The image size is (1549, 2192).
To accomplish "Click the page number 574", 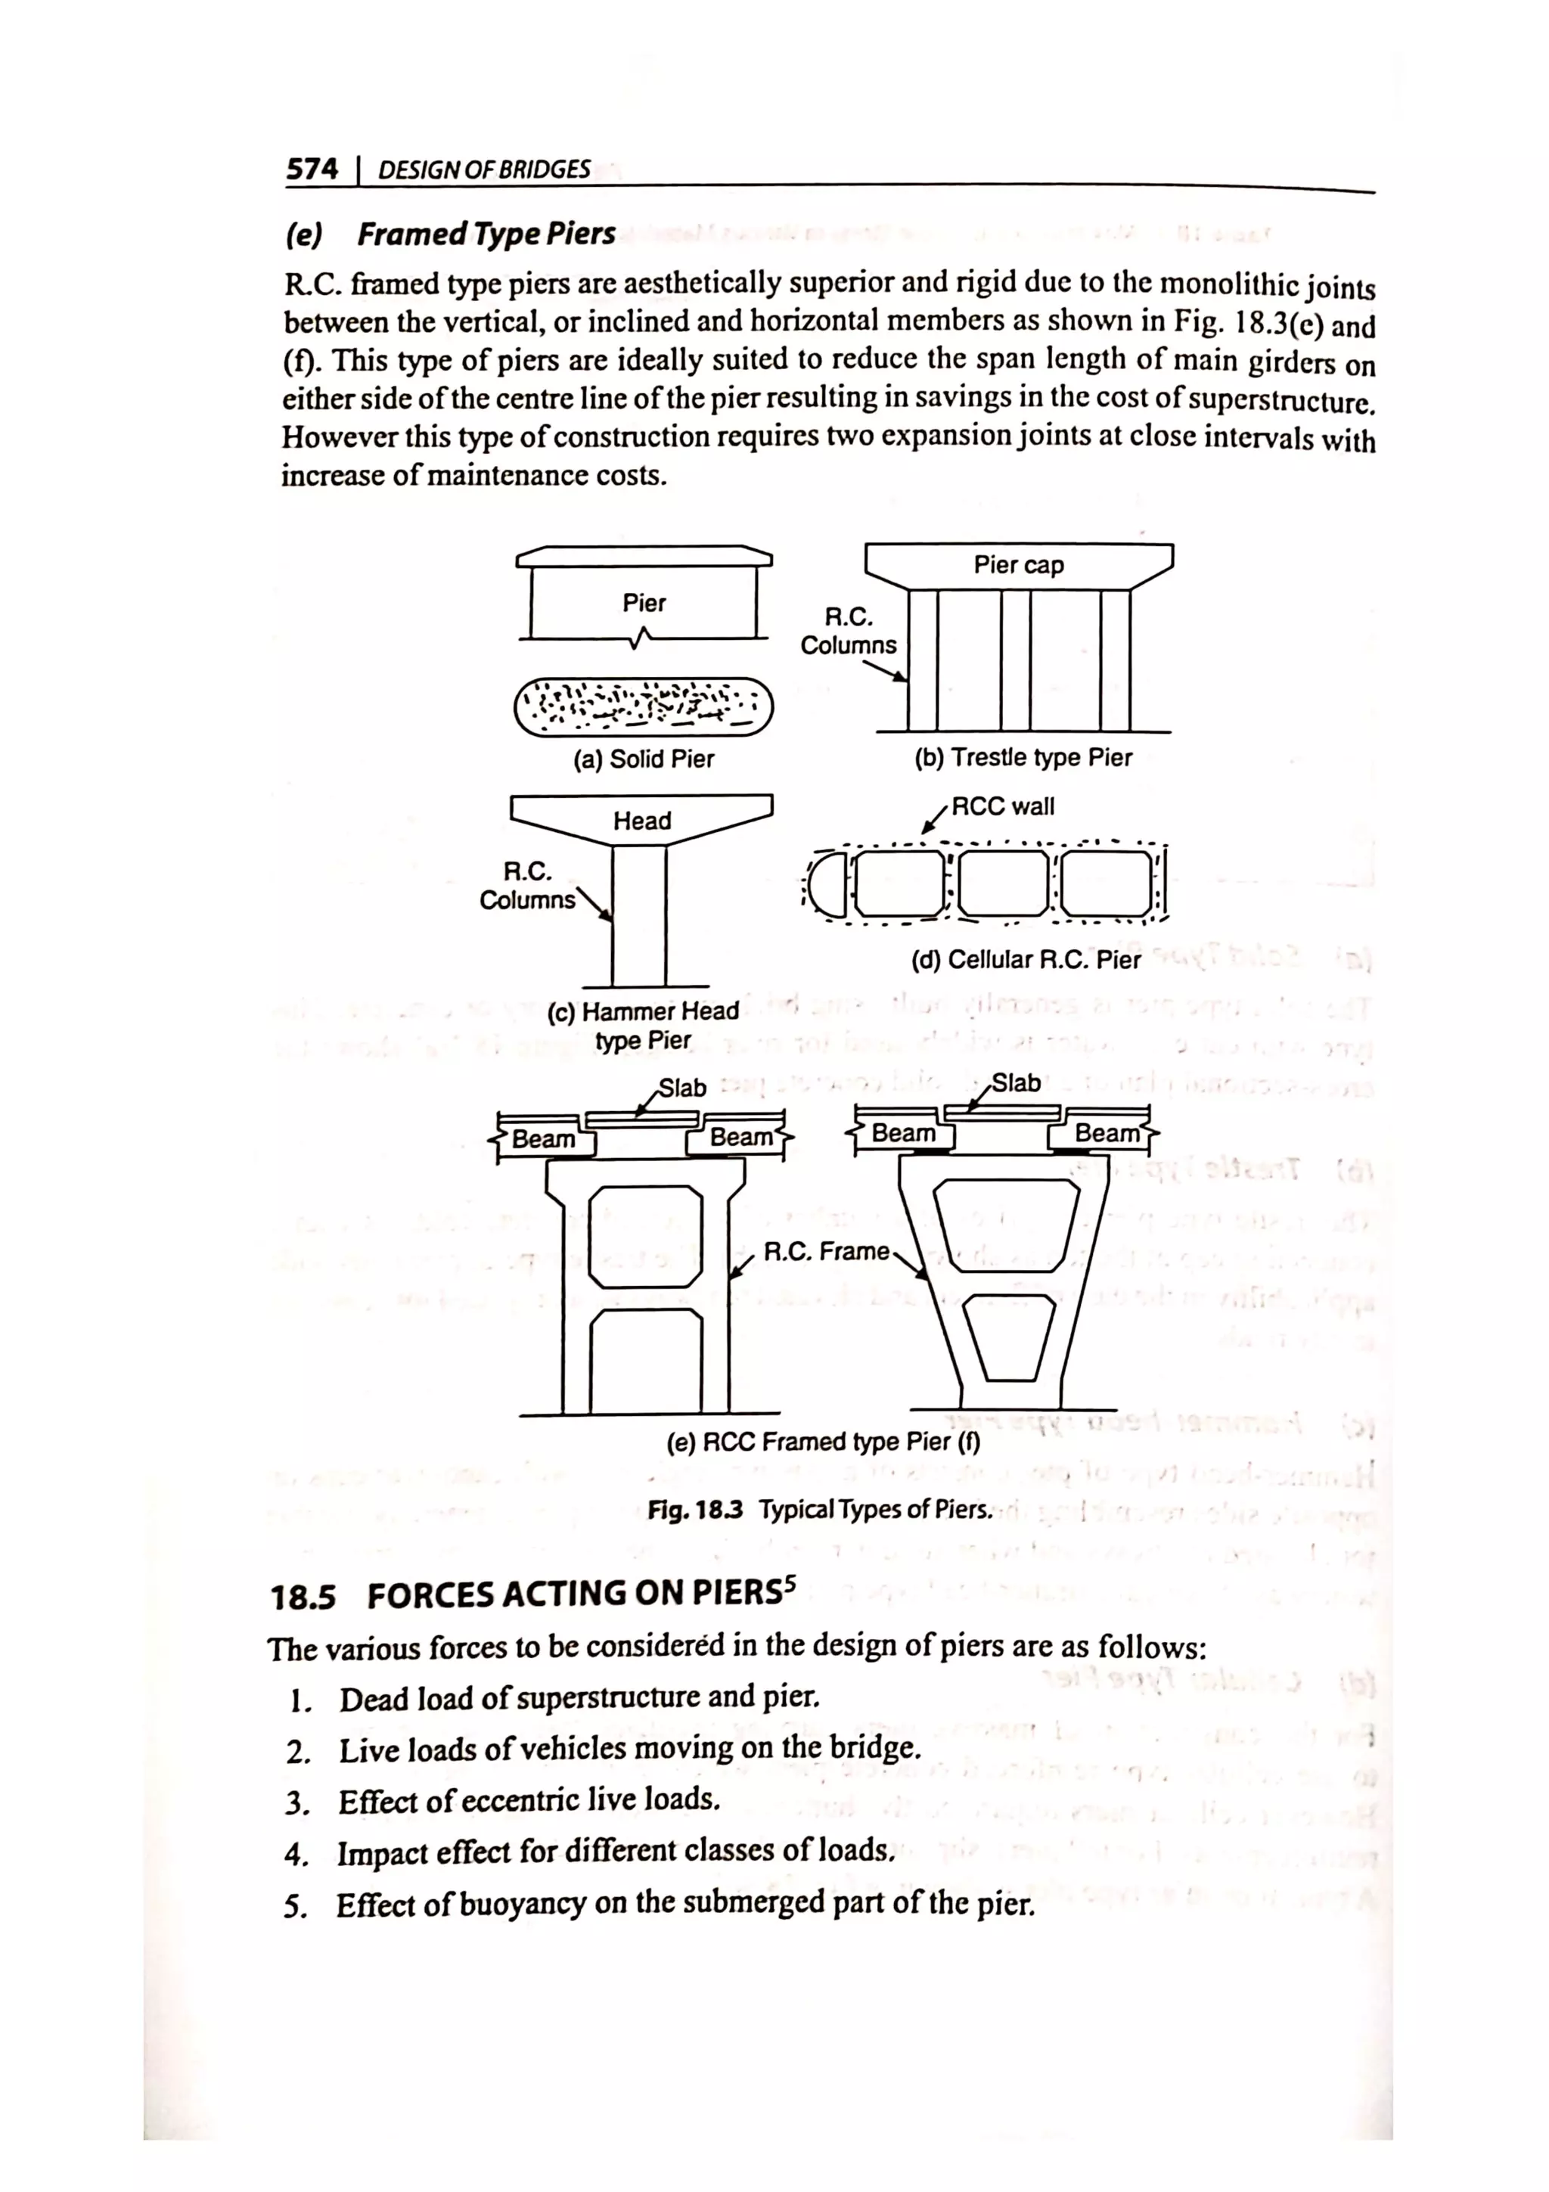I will click(312, 170).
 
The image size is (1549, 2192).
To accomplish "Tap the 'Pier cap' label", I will click(1017, 565).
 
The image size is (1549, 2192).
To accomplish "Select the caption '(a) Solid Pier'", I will click(643, 759).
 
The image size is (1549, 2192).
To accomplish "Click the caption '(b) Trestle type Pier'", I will click(1022, 758).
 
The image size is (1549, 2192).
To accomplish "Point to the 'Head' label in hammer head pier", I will click(641, 821).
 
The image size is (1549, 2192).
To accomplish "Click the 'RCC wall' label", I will click(1003, 807).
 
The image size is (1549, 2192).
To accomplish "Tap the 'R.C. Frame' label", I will click(827, 1252).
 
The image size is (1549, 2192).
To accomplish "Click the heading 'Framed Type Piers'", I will click(486, 234).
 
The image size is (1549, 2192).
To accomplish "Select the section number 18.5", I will click(303, 1596).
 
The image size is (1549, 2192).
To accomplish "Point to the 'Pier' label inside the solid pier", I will click(644, 604).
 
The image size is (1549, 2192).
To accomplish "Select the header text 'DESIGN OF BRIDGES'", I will click(484, 171).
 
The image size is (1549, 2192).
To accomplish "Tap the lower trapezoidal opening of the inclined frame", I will click(1009, 1336).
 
